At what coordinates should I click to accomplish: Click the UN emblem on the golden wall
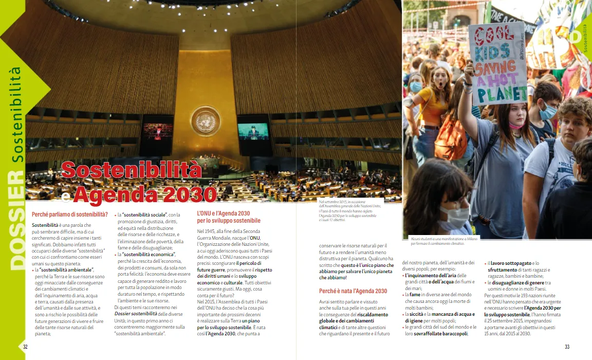pos(206,121)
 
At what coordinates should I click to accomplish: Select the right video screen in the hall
pos(253,132)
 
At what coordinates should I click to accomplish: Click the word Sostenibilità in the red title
pos(131,170)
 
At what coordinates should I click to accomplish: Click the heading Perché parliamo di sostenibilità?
pos(69,214)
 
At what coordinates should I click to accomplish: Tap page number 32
pos(25,347)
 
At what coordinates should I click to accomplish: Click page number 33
pos(567,347)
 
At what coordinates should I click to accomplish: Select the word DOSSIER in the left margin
pos(17,222)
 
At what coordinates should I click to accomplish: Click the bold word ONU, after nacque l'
pos(255,238)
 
